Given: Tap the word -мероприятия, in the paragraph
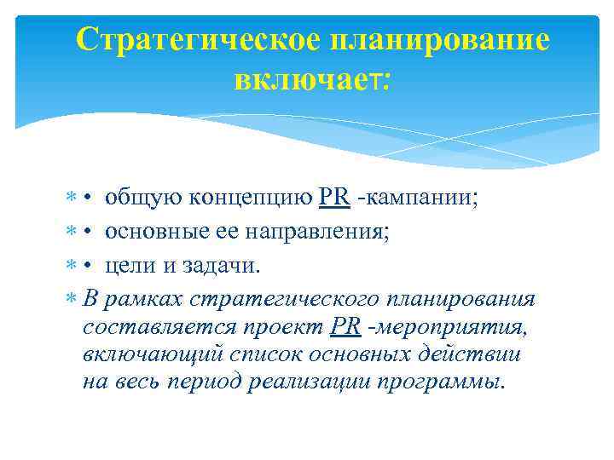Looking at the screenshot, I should tap(446, 327).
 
